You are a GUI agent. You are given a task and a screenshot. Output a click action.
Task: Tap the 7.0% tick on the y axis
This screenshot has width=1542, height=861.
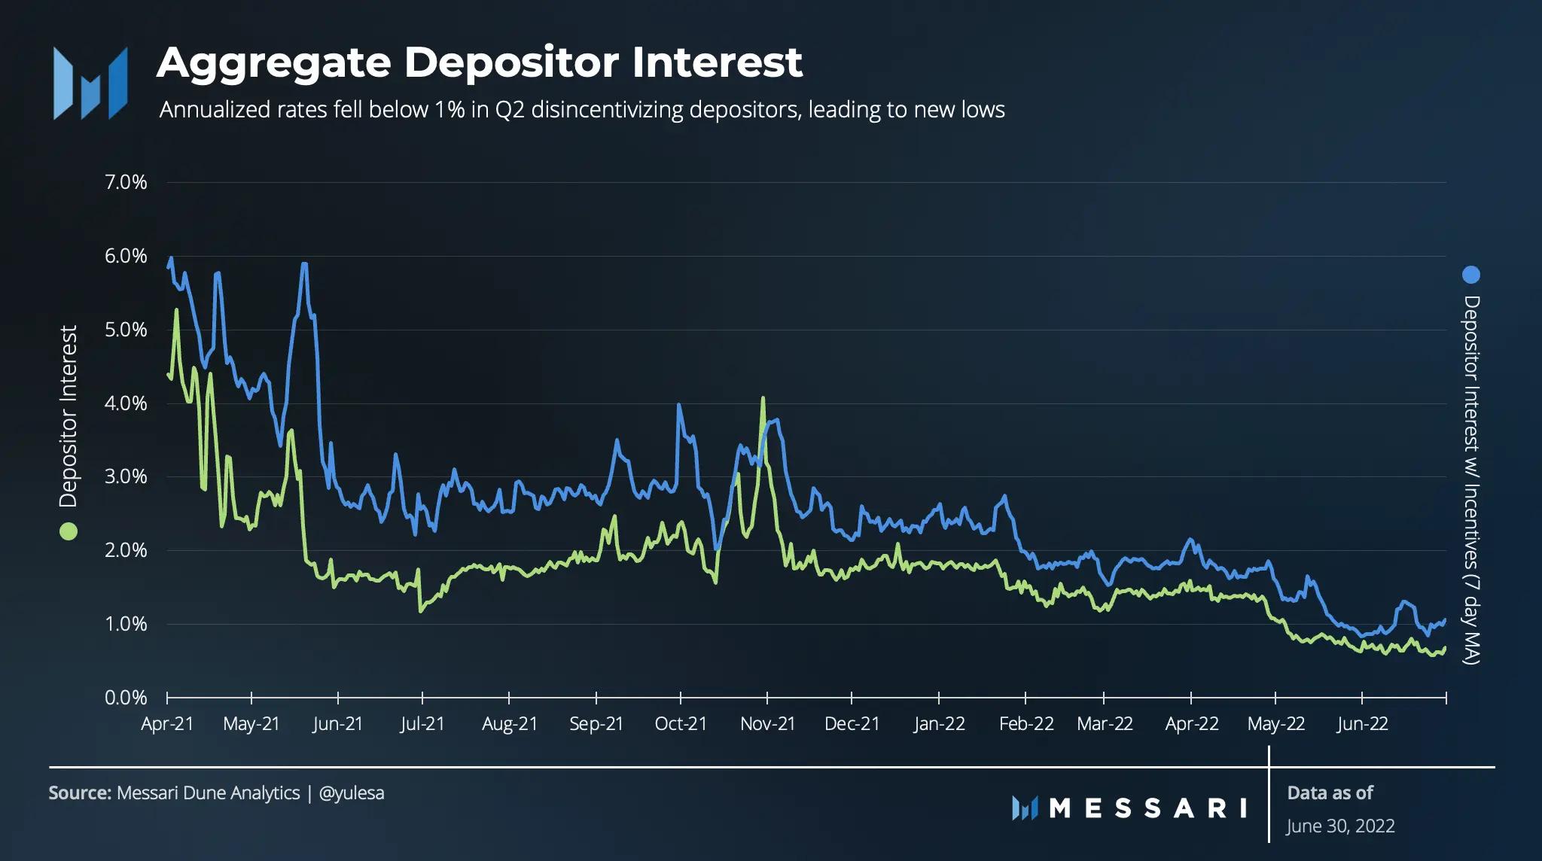pyautogui.click(x=126, y=182)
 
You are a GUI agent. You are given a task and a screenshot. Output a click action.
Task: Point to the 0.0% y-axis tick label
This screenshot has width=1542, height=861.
pyautogui.click(x=126, y=698)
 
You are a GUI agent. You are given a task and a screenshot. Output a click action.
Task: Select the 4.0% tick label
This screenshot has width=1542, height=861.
pyautogui.click(x=126, y=403)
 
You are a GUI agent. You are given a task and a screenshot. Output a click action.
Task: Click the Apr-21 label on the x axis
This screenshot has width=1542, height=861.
pyautogui.click(x=167, y=724)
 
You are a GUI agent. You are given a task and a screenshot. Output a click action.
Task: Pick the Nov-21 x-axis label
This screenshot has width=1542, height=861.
pyautogui.click(x=767, y=724)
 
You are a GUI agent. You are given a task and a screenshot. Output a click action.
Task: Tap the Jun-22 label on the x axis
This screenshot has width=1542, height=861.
pyautogui.click(x=1362, y=724)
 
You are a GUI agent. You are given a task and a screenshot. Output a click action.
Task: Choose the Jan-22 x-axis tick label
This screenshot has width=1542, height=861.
pyautogui.click(x=939, y=724)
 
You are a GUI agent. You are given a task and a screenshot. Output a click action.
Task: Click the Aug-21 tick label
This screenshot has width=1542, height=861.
pyautogui.click(x=510, y=724)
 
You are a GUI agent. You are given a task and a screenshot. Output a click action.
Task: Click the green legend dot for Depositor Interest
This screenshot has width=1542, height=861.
pyautogui.click(x=69, y=531)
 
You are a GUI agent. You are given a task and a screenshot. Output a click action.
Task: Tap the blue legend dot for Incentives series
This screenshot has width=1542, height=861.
pyautogui.click(x=1470, y=275)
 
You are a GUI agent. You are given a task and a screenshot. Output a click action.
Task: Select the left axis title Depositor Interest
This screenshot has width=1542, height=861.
pyautogui.click(x=69, y=416)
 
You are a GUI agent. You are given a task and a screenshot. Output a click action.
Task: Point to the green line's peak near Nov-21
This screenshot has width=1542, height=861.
pyautogui.click(x=763, y=398)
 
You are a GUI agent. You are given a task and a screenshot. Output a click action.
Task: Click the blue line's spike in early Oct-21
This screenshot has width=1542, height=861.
pyautogui.click(x=679, y=405)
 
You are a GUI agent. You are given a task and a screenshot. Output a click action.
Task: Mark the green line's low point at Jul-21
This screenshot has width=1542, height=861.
pyautogui.click(x=420, y=611)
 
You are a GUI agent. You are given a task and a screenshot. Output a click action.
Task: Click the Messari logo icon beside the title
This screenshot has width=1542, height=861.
pyautogui.click(x=90, y=83)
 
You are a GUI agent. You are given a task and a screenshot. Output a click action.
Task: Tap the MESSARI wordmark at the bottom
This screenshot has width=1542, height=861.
pyautogui.click(x=1129, y=808)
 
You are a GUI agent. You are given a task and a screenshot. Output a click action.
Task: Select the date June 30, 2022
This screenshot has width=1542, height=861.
pyautogui.click(x=1340, y=826)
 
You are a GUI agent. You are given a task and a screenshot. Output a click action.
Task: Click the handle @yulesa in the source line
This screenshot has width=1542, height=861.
pyautogui.click(x=352, y=793)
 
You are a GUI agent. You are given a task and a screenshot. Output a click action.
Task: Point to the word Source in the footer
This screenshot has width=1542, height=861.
pyautogui.click(x=80, y=793)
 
